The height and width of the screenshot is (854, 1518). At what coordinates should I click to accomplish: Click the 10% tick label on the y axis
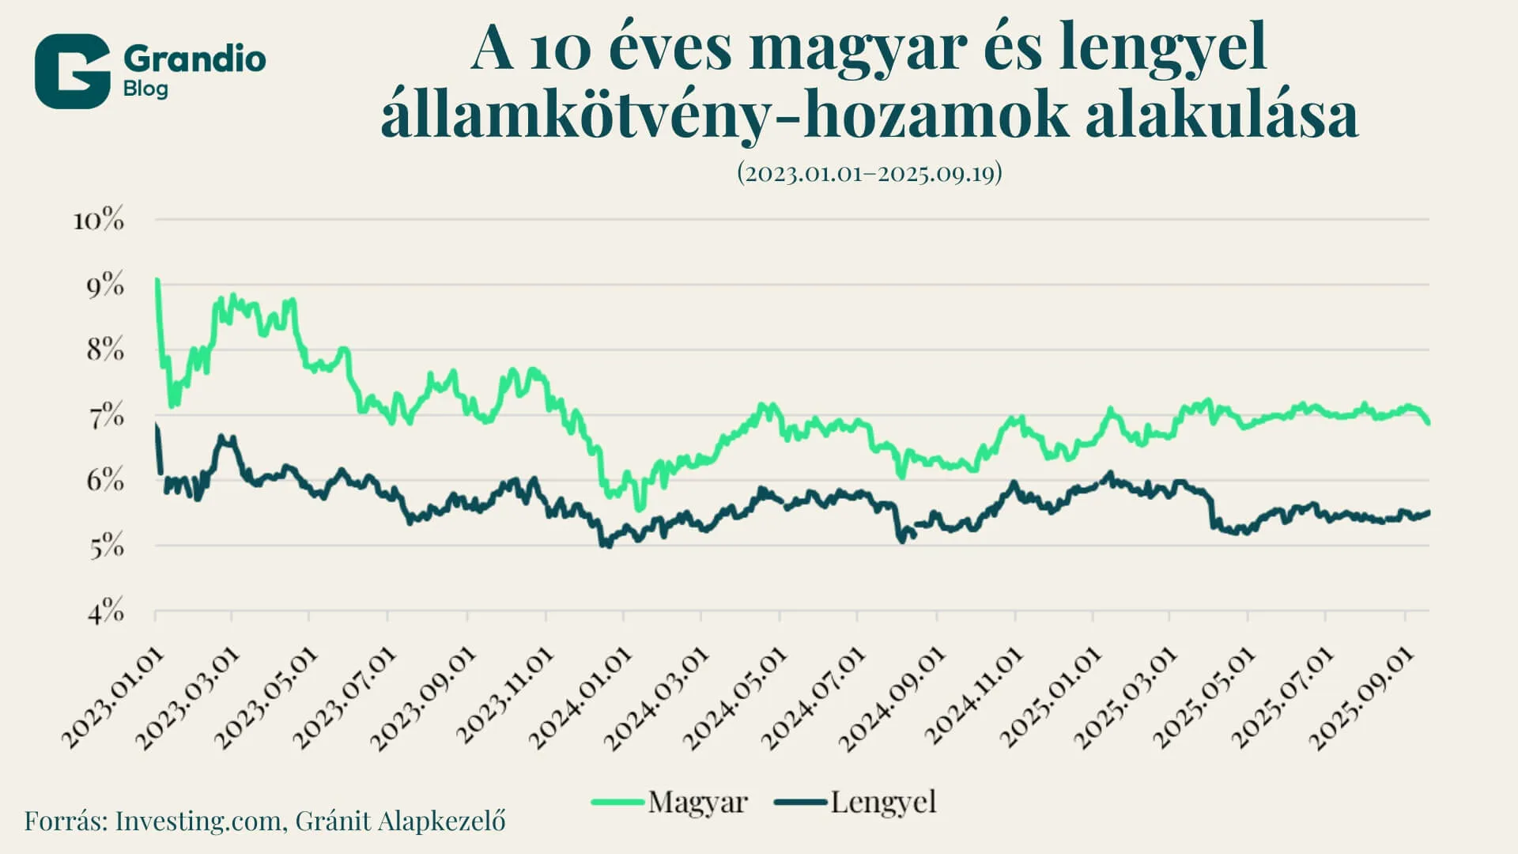(x=99, y=220)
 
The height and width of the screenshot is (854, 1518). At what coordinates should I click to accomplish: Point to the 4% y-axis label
(x=105, y=611)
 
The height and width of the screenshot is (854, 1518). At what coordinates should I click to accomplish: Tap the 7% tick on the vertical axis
(x=105, y=416)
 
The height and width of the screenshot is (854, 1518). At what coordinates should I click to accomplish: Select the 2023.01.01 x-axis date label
(x=115, y=698)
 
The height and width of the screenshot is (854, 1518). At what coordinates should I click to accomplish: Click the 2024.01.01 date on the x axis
(x=581, y=698)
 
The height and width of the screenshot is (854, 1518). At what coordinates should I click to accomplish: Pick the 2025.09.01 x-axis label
(x=1361, y=698)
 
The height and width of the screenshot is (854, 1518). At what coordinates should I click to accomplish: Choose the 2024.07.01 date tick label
(x=814, y=698)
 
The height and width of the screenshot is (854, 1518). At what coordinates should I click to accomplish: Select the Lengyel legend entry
(x=882, y=802)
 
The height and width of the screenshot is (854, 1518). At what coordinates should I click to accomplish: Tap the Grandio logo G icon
(x=72, y=71)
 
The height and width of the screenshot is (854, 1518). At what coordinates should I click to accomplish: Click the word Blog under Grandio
(x=145, y=89)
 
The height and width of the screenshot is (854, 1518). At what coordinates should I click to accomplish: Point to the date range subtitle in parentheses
(x=869, y=172)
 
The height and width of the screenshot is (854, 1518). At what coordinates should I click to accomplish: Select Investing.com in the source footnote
(x=198, y=821)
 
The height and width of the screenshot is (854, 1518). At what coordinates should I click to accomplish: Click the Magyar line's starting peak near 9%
(x=157, y=280)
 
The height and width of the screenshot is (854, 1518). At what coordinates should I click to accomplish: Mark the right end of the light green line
(x=1428, y=423)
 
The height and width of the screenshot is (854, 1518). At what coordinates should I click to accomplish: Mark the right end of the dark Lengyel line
(x=1428, y=513)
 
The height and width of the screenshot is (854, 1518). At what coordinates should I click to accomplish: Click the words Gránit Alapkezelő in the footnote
(x=400, y=821)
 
